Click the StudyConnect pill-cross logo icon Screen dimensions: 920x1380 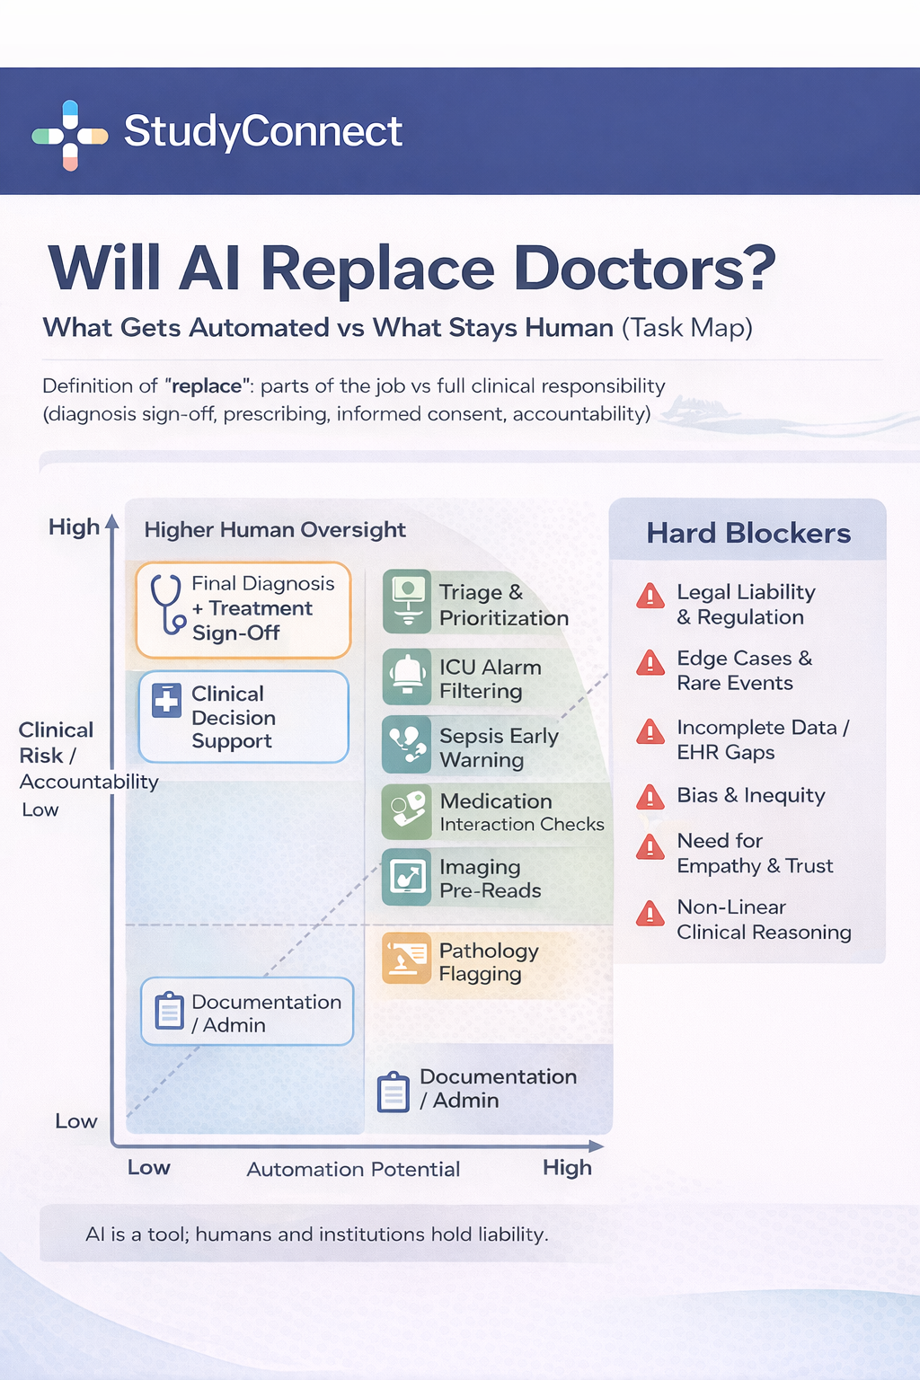coord(70,136)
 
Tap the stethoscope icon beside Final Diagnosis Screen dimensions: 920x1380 coord(167,604)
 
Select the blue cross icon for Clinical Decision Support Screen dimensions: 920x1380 coord(166,701)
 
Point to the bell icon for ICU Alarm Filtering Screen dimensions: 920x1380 coord(407,676)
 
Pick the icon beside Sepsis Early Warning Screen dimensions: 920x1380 coord(407,745)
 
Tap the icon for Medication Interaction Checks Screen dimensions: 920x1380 coord(407,810)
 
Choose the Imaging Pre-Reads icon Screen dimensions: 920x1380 coord(407,878)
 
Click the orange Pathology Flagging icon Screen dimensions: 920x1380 coord(406,959)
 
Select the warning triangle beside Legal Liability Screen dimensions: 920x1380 coord(650,596)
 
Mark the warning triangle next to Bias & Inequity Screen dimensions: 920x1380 coord(650,797)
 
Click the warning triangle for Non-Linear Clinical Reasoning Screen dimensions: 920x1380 coord(650,914)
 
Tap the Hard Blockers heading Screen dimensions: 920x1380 coord(748,534)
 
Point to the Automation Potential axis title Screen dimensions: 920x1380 coord(353,1169)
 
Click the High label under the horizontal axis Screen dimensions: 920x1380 coord(567,1167)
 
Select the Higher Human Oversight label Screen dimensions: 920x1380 coord(275,530)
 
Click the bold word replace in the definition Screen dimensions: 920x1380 coord(206,386)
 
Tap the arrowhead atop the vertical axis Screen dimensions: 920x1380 coord(112,521)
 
